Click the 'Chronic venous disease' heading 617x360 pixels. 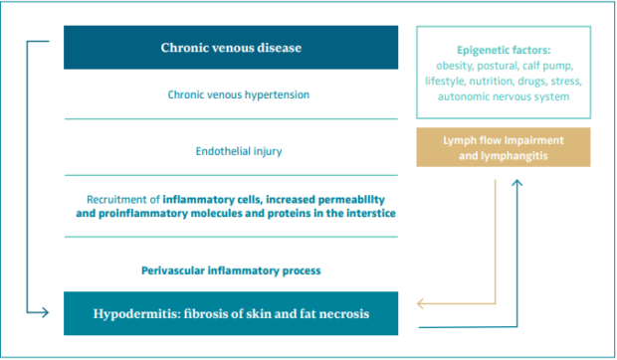(x=231, y=48)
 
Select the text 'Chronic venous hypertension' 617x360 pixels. (x=239, y=94)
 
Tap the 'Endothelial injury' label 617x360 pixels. (x=239, y=151)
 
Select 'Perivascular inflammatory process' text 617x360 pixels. (x=231, y=270)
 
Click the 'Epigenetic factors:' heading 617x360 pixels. (x=504, y=51)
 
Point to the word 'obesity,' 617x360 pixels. (x=455, y=66)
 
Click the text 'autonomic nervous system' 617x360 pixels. (x=504, y=96)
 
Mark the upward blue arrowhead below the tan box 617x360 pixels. (x=517, y=183)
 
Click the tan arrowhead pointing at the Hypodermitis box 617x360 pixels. (x=420, y=303)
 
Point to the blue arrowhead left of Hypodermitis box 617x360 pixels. (x=45, y=313)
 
